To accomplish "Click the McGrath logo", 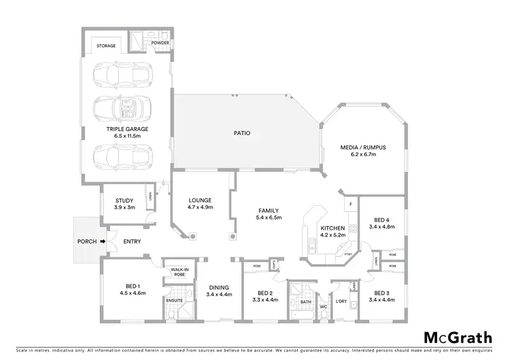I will point(458,338).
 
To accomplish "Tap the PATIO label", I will point(242,133).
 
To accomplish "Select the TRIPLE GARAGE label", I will point(127,128).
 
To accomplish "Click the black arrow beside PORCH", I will point(103,240).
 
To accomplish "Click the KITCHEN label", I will point(333,228).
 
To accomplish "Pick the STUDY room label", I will point(124,200).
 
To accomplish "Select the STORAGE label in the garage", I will point(106,46).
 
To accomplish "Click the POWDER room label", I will point(160,43).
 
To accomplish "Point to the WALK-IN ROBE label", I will point(179,272).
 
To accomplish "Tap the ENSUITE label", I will point(174,299).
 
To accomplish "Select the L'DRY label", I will point(341,300).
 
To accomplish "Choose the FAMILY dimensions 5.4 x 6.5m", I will point(268,217).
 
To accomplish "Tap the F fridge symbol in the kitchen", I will point(351,204).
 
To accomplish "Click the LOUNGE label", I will point(201,200).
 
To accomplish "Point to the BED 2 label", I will point(265,292).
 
